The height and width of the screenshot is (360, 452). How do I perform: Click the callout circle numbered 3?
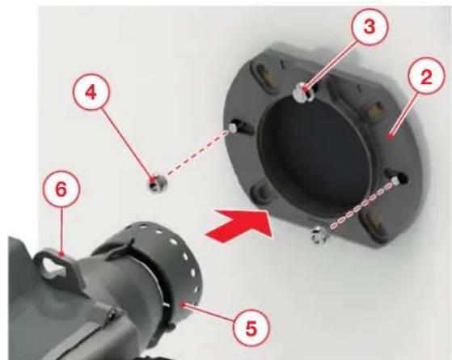click(x=370, y=27)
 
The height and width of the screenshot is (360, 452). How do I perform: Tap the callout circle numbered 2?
click(x=426, y=76)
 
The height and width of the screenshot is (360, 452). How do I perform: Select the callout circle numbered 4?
click(x=91, y=93)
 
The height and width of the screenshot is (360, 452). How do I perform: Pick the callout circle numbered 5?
click(x=251, y=328)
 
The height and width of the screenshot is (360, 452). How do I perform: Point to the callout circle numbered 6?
click(x=61, y=189)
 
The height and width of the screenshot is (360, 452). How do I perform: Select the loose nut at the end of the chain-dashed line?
click(x=319, y=235)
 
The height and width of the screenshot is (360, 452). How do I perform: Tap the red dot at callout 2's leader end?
click(x=391, y=136)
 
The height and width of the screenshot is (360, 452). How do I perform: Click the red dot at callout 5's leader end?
click(x=181, y=303)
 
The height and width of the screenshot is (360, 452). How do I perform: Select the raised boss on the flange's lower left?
click(x=260, y=191)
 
